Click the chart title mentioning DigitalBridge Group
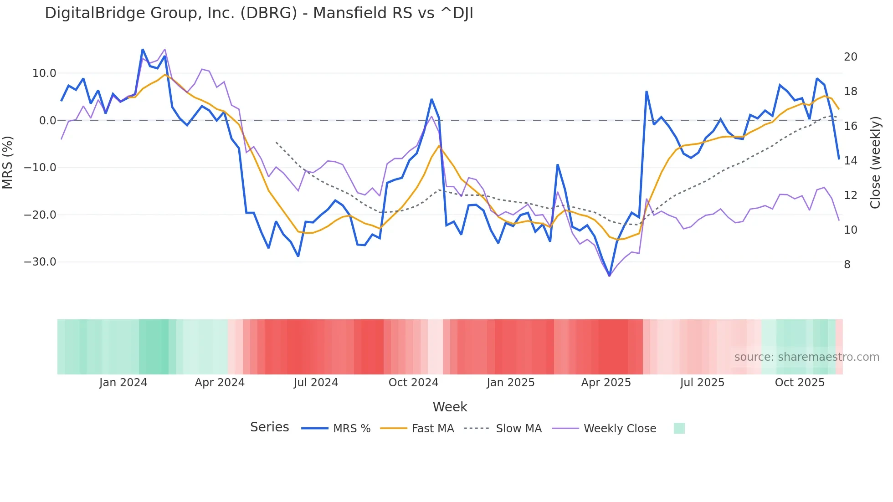[259, 13]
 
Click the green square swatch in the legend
[679, 428]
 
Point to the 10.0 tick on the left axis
[44, 73]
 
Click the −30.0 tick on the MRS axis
[40, 262]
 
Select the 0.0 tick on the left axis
[47, 121]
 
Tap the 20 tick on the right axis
[850, 57]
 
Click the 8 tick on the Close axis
[847, 265]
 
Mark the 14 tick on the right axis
[850, 161]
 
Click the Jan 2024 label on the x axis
[123, 383]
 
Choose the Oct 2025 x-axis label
[800, 383]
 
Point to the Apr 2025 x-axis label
[606, 383]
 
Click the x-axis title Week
[450, 407]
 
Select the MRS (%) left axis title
[7, 163]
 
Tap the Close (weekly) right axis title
[875, 163]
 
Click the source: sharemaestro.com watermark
[806, 357]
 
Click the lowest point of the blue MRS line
[610, 276]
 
